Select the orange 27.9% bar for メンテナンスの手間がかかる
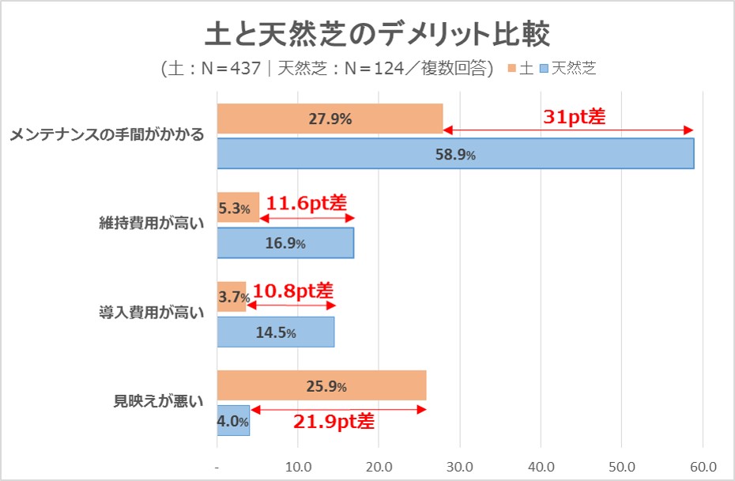[x=330, y=119]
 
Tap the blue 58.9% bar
[x=455, y=154]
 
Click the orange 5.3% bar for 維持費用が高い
[x=238, y=209]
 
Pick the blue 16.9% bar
[x=285, y=242]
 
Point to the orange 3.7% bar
[x=232, y=297]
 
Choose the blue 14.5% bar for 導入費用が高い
[x=276, y=332]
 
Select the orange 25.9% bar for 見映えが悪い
[x=322, y=386]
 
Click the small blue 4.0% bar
[x=233, y=421]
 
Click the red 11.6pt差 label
[x=307, y=203]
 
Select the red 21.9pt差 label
[x=334, y=421]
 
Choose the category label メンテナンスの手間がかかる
[x=107, y=136]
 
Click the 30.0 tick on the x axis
[x=460, y=465]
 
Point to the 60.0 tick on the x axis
[x=703, y=465]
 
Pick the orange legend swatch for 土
[x=512, y=68]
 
